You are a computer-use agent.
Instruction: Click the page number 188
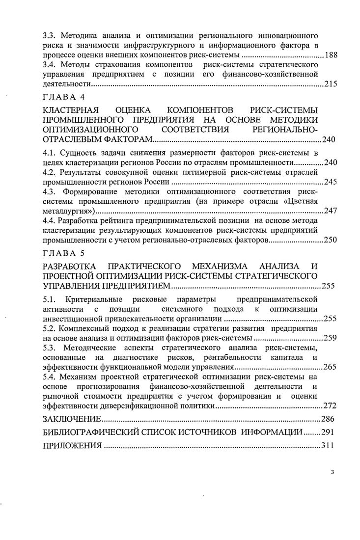[331, 54]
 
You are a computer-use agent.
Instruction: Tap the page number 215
[331, 84]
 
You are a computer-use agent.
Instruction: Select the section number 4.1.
[49, 152]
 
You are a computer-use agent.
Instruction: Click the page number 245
[331, 182]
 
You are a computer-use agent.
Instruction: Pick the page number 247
[331, 211]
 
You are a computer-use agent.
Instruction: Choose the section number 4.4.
[49, 221]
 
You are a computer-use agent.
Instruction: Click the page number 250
[331, 241]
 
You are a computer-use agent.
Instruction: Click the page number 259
[331, 338]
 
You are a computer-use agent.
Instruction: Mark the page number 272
[331, 406]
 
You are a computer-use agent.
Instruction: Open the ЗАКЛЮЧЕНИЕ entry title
[72, 419]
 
